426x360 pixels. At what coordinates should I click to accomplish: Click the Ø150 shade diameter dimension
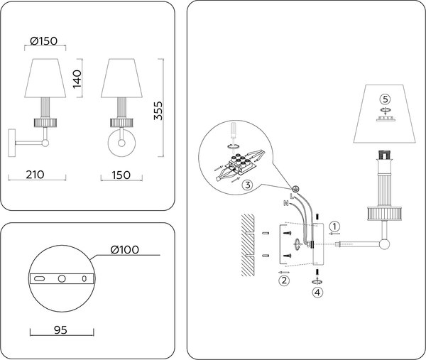[x=45, y=40]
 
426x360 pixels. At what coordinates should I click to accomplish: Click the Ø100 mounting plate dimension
[x=124, y=249]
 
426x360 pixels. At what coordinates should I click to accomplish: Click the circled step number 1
[x=336, y=226]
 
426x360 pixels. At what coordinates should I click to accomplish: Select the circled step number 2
[x=284, y=280]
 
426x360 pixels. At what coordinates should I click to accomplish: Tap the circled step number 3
[x=247, y=185]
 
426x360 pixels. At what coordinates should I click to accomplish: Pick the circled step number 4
[x=317, y=290]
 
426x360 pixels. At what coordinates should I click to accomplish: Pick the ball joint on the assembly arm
[x=385, y=246]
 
